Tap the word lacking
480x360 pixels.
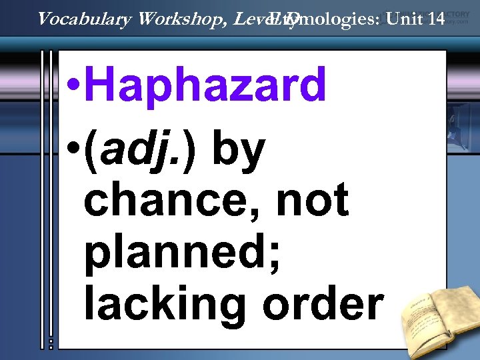(x=167, y=303)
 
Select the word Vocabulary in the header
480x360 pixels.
(x=85, y=19)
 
